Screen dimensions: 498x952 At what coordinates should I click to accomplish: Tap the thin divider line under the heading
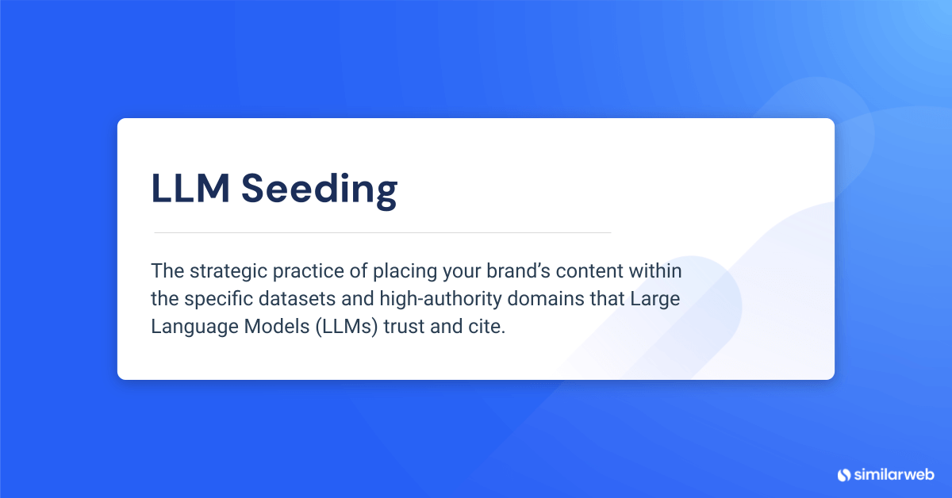point(382,232)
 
